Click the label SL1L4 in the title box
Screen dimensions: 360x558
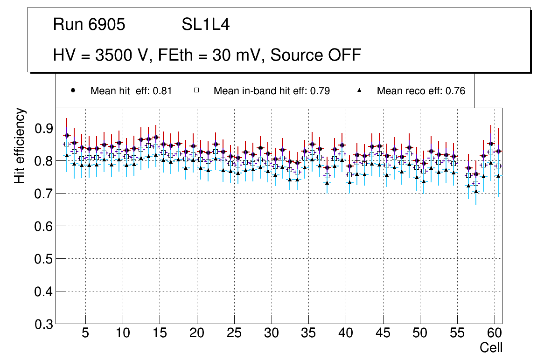click(x=206, y=24)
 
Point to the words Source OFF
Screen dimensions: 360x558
click(x=316, y=55)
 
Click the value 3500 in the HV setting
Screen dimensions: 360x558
click(x=112, y=55)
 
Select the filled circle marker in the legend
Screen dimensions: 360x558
click(x=73, y=90)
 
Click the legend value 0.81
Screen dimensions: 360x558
click(x=163, y=91)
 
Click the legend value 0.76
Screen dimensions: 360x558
click(x=456, y=91)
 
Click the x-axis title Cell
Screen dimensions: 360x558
click(x=491, y=348)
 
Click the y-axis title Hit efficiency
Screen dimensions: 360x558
click(x=20, y=145)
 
